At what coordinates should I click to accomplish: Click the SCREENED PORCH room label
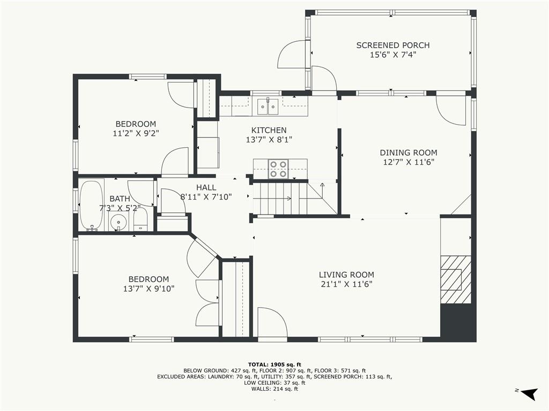(393, 45)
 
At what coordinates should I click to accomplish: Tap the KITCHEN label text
(269, 131)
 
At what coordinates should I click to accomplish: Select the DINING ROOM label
(409, 153)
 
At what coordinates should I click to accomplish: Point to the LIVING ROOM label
(346, 275)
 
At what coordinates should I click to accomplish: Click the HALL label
(206, 188)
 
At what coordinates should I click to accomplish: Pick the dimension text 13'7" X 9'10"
(149, 288)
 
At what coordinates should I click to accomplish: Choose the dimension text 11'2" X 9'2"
(136, 133)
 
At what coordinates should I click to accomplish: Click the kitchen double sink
(268, 106)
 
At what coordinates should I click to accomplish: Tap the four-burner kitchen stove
(278, 169)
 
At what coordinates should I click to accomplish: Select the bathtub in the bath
(91, 205)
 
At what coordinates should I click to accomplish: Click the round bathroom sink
(118, 222)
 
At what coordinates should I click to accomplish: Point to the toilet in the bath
(141, 222)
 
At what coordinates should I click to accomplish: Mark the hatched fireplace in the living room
(456, 279)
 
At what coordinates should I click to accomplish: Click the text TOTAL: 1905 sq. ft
(274, 364)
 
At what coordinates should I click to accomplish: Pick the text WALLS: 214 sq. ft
(274, 389)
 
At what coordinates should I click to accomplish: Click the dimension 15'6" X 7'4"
(393, 55)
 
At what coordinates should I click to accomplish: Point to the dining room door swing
(451, 110)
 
